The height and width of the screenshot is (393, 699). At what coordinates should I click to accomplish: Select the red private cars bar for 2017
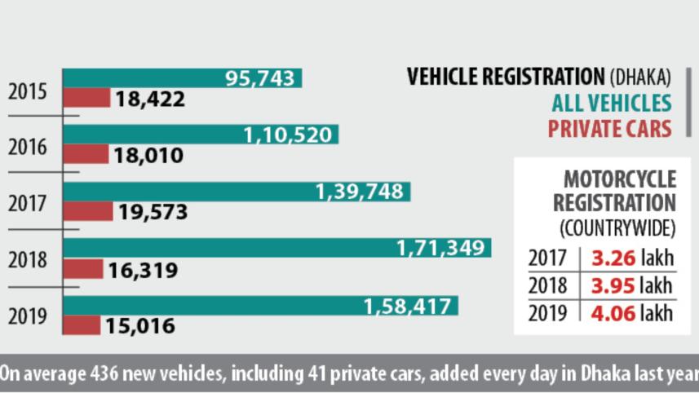tap(88, 212)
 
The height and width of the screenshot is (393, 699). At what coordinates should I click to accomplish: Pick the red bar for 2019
tap(82, 325)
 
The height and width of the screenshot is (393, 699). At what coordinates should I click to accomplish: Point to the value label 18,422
tap(150, 99)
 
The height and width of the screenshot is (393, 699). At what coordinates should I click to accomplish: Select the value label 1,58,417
tap(407, 307)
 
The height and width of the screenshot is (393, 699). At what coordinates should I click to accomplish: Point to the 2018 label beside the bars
tap(28, 261)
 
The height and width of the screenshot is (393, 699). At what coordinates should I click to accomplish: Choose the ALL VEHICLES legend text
tap(611, 103)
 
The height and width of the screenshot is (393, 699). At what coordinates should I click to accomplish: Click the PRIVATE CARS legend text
tap(609, 128)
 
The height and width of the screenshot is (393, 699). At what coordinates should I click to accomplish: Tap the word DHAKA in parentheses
tap(639, 77)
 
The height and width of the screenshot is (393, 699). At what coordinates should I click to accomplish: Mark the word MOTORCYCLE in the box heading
tap(620, 179)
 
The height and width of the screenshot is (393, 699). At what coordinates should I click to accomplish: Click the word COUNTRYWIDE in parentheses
tap(617, 225)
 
